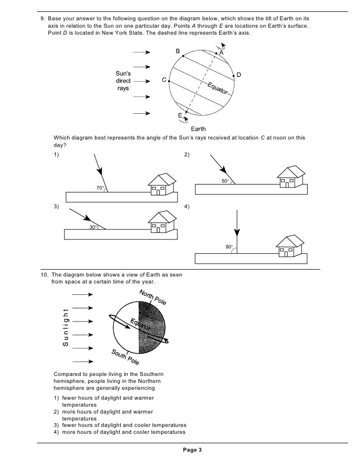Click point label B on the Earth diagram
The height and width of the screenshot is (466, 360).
point(178,51)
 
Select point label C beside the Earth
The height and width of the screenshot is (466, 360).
point(164,80)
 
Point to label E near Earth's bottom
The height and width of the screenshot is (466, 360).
point(180,115)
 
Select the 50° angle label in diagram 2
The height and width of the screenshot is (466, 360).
point(225,182)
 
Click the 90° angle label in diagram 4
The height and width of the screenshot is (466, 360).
point(229,246)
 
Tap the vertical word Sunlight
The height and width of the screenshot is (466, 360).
point(65,327)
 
